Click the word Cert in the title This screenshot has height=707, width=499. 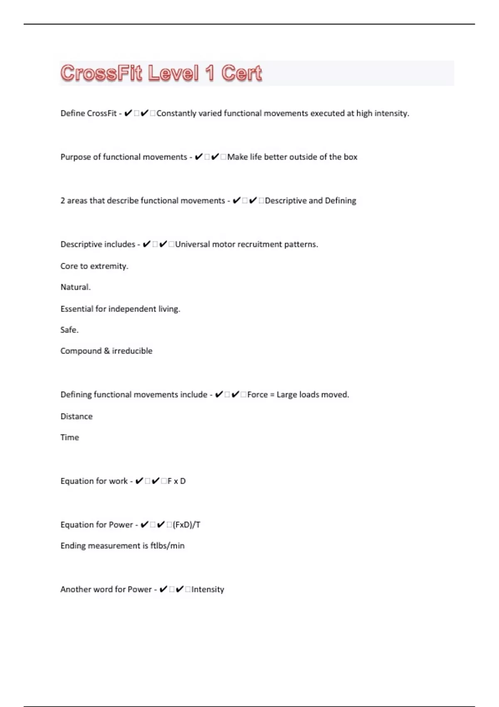coord(242,73)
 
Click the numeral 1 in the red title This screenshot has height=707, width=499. coord(210,73)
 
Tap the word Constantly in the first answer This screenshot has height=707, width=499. coord(176,113)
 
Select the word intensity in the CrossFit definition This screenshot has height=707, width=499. coord(392,113)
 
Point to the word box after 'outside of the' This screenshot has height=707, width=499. coord(351,157)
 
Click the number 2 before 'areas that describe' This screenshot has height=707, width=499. coord(63,200)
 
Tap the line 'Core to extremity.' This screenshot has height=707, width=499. coord(94,266)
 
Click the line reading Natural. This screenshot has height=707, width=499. coord(75,287)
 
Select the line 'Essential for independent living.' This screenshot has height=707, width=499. coord(120,309)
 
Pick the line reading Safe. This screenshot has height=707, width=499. coord(69,330)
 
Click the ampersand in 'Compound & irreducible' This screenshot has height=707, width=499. coord(107,351)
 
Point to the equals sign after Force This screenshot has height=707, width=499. coord(272,395)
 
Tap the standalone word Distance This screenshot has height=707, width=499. coord(77,416)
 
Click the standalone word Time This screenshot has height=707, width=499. coord(69,437)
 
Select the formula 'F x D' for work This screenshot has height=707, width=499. coord(177,481)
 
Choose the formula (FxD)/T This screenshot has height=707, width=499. coord(187,525)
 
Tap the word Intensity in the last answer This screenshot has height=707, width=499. coord(208,589)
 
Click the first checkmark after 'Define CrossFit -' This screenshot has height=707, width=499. coord(128,113)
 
